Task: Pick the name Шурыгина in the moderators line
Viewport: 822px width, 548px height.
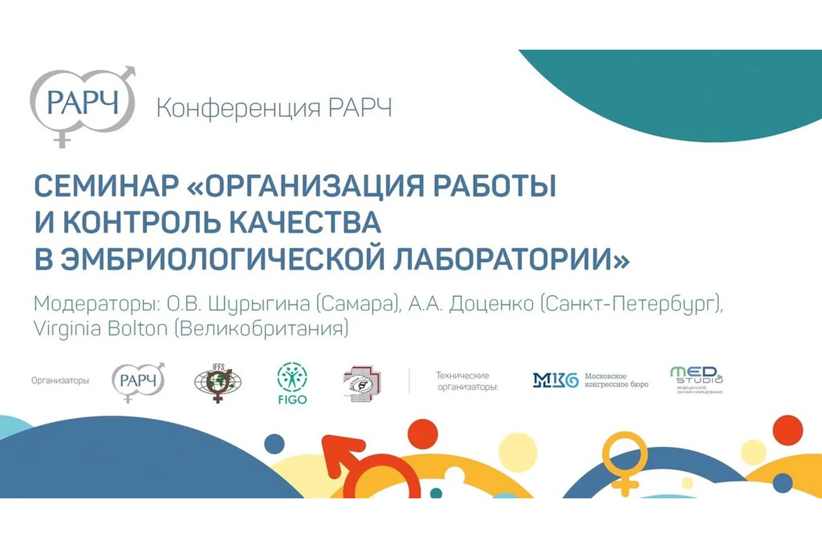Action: [x=259, y=304]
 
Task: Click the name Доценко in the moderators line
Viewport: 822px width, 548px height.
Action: [x=491, y=304]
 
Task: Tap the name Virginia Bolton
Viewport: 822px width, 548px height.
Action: [x=101, y=329]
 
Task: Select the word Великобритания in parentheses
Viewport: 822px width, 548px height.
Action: [x=262, y=329]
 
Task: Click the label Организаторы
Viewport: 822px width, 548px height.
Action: [x=60, y=381]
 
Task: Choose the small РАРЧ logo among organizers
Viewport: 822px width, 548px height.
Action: [x=138, y=381]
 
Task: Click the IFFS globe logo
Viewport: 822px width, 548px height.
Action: [x=218, y=382]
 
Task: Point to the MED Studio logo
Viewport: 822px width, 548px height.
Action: [x=697, y=379]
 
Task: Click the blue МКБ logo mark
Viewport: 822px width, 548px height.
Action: [x=555, y=380]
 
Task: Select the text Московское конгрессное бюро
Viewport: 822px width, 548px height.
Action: [x=616, y=380]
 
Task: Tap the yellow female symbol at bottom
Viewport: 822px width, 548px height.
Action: [x=625, y=462]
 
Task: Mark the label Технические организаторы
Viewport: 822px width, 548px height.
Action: [x=467, y=381]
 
